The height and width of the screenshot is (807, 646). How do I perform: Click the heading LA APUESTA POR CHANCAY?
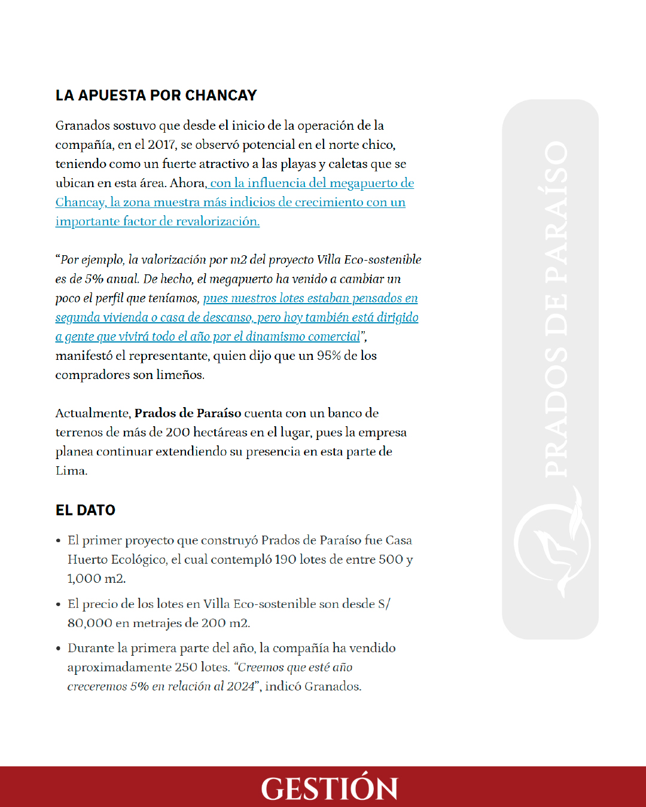coord(156,96)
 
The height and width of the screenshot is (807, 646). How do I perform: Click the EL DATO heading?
coord(86,511)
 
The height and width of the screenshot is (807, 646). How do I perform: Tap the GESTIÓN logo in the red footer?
coord(329,788)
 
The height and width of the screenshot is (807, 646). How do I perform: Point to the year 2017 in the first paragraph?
coord(161,145)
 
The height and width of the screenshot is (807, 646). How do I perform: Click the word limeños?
coord(182,375)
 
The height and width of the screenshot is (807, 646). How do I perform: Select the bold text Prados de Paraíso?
coord(188,413)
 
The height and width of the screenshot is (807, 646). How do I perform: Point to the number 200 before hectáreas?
coord(178,432)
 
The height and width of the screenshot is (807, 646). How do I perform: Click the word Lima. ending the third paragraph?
coord(71,470)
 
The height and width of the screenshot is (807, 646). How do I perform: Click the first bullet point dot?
coord(59,541)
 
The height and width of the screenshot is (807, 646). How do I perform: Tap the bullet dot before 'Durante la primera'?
coord(59,649)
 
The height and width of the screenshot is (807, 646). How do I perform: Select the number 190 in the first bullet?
coord(285,560)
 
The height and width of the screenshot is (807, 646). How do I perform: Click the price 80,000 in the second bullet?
coord(90,623)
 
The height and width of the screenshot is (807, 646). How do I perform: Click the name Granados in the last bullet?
coord(333,686)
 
